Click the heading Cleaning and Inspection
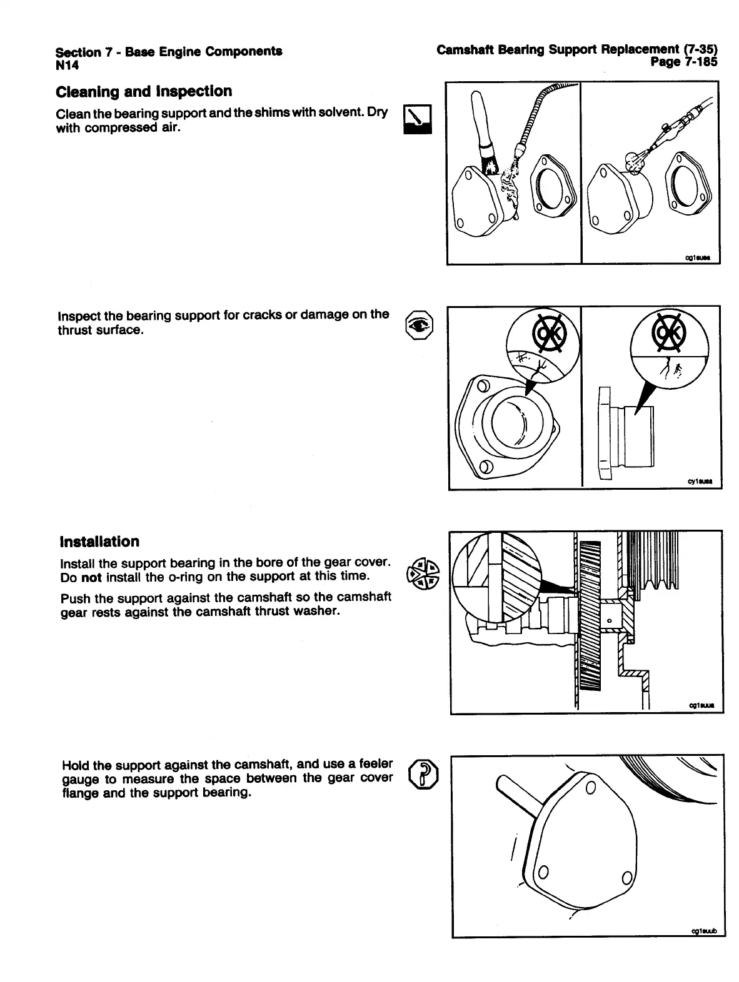pos(144,92)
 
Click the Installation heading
pos(99,542)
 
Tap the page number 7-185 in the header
pos(684,61)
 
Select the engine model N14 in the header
pos(66,63)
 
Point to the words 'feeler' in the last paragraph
pos(372,763)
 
